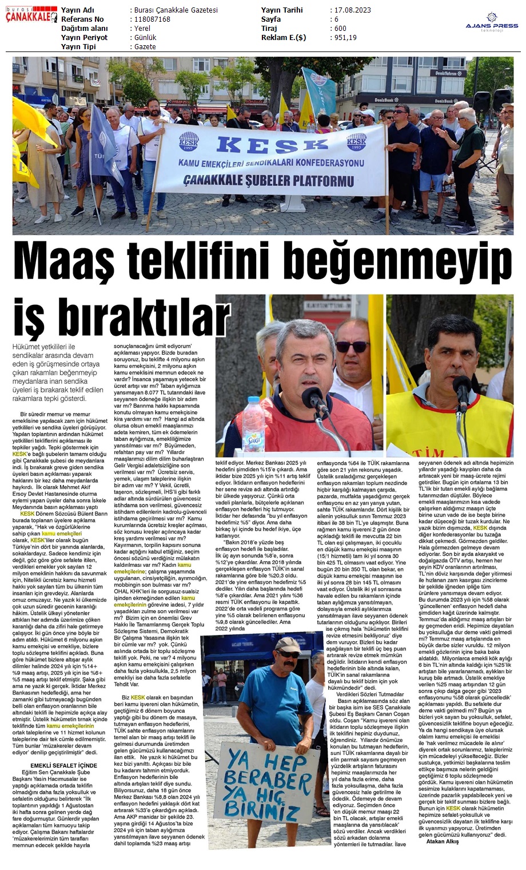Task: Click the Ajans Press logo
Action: [x=492, y=23]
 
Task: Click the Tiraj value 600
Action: [x=340, y=29]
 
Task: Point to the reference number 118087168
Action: [x=152, y=19]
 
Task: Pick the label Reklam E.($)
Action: [x=284, y=38]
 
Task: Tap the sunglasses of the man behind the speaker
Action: [x=352, y=347]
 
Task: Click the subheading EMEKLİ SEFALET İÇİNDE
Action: [x=63, y=765]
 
